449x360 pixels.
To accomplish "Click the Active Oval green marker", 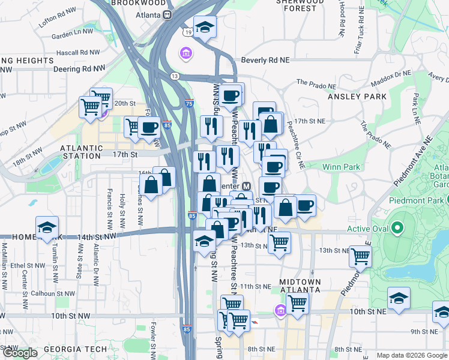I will point(397,228).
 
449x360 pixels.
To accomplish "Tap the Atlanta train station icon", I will point(169,15).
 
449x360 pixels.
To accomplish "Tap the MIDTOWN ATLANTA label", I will point(300,286).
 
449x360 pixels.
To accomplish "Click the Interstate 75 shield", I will point(189,103).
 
